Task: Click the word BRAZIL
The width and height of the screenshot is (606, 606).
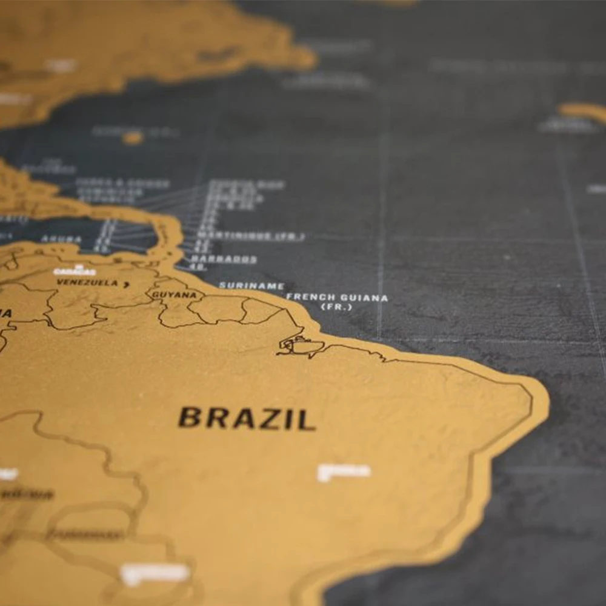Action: coord(247,418)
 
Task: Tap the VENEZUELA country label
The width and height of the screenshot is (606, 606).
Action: coord(87,282)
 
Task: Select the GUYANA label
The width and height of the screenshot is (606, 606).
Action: coord(174,295)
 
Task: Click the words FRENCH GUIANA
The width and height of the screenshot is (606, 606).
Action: coord(337,297)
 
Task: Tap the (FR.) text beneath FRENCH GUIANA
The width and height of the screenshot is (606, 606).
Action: coord(336,307)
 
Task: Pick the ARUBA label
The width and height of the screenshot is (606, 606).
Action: coord(61,239)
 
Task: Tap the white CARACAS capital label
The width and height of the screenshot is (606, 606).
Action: coord(74,271)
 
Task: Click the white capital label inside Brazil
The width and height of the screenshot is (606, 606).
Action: coord(344,471)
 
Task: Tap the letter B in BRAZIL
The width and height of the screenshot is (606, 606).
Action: coord(190,418)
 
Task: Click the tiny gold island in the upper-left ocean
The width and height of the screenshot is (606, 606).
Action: coord(132,138)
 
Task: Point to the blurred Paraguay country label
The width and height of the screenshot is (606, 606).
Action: coord(85,534)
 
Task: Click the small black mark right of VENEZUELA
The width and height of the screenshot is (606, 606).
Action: coord(126,284)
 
